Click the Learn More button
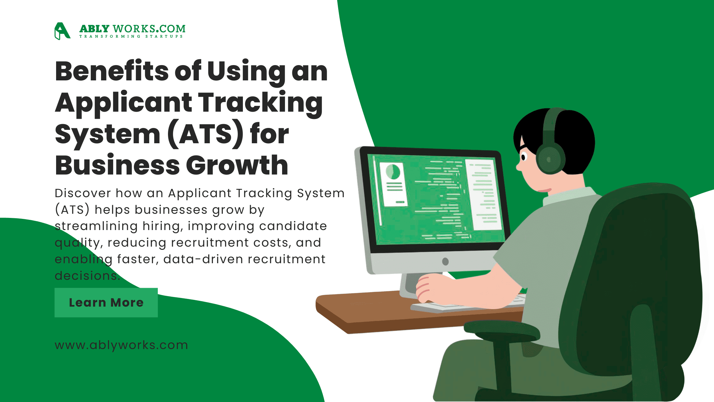pyautogui.click(x=106, y=302)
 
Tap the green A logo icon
pyautogui.click(x=62, y=31)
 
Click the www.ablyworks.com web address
pyautogui.click(x=121, y=345)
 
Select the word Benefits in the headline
pyautogui.click(x=112, y=71)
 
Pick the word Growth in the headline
pyautogui.click(x=237, y=165)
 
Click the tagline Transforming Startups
pyautogui.click(x=131, y=36)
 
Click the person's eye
pyautogui.click(x=523, y=157)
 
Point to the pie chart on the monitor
pyautogui.click(x=393, y=172)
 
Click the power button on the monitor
pyautogui.click(x=445, y=262)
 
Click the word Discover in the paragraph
pyautogui.click(x=83, y=193)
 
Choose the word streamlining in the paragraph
pyautogui.click(x=96, y=226)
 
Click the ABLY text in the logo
pyautogui.click(x=94, y=29)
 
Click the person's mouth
pyautogui.click(x=544, y=190)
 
